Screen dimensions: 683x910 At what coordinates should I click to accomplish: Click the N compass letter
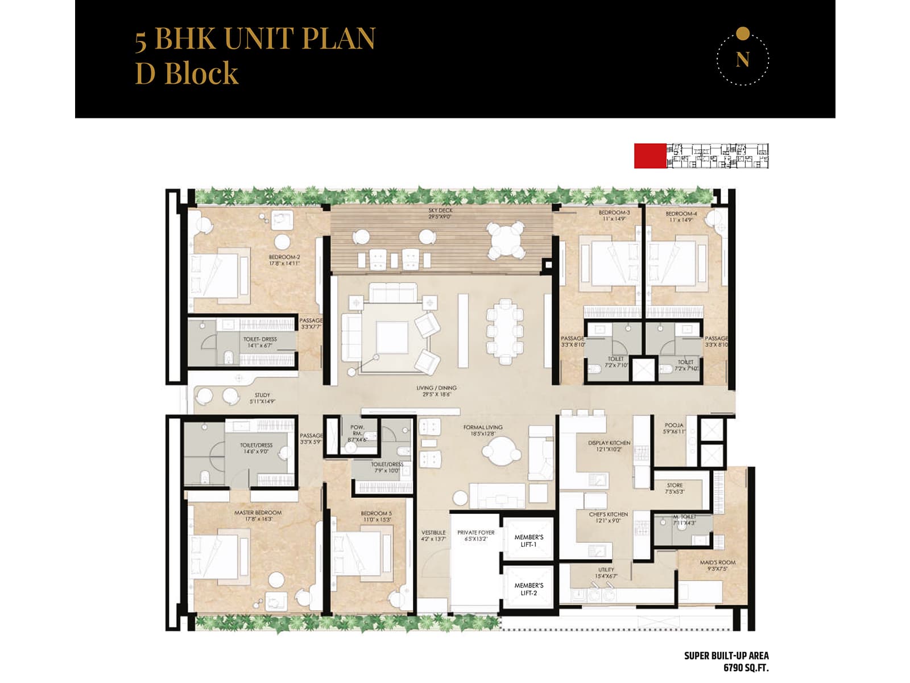pos(742,59)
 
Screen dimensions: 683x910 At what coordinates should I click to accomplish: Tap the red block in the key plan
pos(650,156)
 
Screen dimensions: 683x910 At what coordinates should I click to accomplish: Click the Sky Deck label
pos(441,211)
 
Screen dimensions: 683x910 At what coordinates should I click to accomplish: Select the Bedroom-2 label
pos(284,257)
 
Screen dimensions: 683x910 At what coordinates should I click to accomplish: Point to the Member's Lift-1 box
pos(528,541)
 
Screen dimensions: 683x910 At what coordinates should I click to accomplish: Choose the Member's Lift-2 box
pos(528,589)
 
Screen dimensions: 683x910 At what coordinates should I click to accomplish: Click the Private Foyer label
pos(475,533)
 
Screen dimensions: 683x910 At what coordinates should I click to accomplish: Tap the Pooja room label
pos(674,425)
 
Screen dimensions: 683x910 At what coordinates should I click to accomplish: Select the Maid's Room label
pos(717,562)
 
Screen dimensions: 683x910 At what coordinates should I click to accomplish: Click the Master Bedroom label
pos(258,513)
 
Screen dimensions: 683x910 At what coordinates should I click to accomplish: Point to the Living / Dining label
pos(436,388)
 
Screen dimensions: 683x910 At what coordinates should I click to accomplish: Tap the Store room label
pos(675,485)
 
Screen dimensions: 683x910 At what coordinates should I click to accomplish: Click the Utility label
pos(606,570)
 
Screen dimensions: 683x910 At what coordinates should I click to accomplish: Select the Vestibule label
pos(433,533)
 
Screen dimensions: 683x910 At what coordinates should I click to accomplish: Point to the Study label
pos(262,395)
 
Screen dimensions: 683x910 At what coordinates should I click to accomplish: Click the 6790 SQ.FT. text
pos(746,668)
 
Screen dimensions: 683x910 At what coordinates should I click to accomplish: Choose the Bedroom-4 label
pos(681,214)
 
